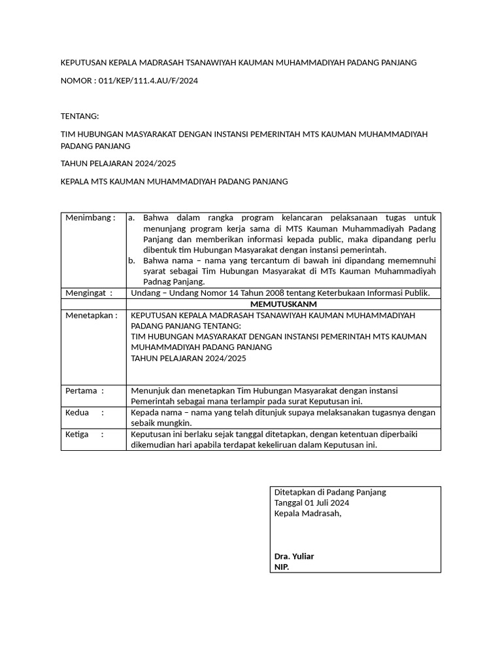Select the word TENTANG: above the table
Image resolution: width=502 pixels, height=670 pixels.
79,116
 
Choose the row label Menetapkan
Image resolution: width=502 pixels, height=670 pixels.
92,315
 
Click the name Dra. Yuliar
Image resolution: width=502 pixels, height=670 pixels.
294,556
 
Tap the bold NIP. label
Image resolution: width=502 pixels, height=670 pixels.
282,567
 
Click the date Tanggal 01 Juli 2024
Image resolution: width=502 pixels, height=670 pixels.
312,502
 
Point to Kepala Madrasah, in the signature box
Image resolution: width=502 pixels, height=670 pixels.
308,514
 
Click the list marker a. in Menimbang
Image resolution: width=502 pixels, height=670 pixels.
131,218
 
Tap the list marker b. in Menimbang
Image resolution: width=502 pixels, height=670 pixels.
131,260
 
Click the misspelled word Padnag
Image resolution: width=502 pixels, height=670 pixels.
158,282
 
